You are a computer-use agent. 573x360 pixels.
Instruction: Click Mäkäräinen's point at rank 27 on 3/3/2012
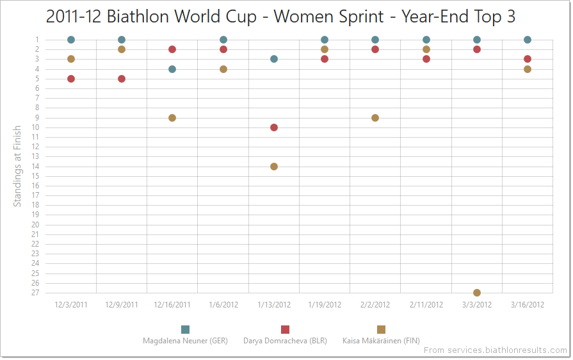[477, 293]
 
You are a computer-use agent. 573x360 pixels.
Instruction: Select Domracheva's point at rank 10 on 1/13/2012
[274, 127]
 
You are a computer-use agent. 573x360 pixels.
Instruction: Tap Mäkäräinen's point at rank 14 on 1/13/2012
[274, 167]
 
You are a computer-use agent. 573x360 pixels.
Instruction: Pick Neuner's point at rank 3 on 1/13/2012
[274, 59]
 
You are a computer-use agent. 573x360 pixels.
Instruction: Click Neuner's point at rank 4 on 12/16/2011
[172, 69]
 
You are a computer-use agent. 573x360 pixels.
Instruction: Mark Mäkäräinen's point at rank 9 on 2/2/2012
[375, 118]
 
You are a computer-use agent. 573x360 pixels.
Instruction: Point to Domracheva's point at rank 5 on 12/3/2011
[71, 79]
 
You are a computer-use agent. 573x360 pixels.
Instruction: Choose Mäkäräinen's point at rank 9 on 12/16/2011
[172, 118]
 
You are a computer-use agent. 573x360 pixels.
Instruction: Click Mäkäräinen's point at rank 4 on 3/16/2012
[528, 69]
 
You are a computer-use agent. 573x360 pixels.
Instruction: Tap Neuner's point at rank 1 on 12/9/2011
[122, 40]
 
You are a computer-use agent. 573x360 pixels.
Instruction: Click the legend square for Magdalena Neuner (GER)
[186, 329]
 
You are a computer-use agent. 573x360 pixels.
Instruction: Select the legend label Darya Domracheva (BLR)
[285, 341]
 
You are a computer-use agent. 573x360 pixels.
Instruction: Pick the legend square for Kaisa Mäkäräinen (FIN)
[382, 329]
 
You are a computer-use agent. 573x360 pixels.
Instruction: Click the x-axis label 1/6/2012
[223, 305]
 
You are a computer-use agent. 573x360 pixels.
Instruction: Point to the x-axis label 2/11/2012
[426, 305]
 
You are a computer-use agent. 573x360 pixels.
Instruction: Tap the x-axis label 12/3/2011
[71, 305]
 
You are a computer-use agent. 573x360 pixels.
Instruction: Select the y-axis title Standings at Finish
[18, 166]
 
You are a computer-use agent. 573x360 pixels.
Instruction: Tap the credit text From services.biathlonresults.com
[495, 350]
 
